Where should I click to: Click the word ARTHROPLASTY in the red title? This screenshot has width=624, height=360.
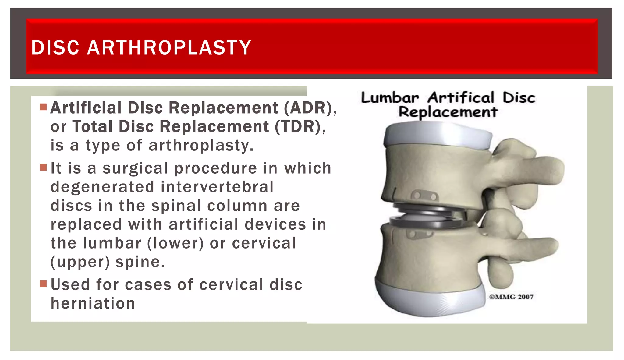(169, 48)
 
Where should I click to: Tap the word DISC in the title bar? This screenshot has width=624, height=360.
(55, 48)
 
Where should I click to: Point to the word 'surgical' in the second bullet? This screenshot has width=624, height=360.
(135, 168)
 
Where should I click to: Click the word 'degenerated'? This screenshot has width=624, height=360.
(102, 187)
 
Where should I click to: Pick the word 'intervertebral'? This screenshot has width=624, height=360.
(217, 187)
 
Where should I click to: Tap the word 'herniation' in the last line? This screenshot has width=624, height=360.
(93, 304)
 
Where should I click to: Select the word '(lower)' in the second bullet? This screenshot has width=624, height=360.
(175, 243)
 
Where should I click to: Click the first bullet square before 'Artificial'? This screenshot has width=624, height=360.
(43, 107)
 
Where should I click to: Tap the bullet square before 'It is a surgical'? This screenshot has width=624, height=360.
(43, 168)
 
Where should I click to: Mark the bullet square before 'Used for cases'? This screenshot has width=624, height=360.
(43, 284)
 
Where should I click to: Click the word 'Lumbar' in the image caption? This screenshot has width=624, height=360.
(390, 98)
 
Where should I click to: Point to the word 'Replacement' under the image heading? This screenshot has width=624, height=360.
(448, 112)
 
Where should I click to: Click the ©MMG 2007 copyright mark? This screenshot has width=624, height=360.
(511, 297)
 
